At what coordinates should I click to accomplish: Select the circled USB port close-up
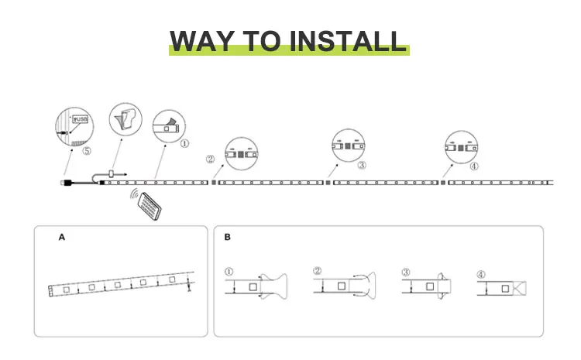point(72,127)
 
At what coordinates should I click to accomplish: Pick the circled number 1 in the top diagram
point(184,143)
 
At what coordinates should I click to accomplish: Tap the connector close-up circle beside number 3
point(348,143)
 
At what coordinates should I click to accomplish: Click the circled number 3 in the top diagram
point(362,165)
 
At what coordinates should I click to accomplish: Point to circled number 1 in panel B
point(229,272)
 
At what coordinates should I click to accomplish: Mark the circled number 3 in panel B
point(405,272)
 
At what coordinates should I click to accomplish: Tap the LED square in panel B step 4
point(504,289)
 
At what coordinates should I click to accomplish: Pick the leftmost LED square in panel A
point(66,290)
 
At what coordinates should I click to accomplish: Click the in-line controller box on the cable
point(112,173)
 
